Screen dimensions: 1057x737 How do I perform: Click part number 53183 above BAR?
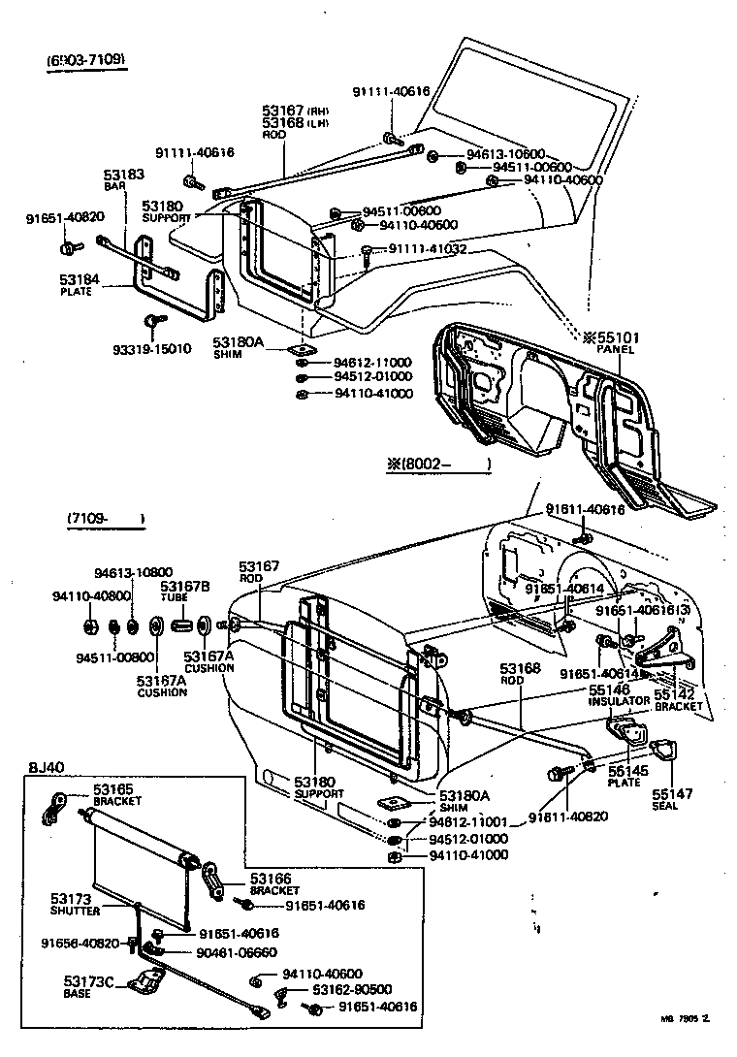coord(124,176)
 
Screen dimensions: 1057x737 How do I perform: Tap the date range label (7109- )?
coord(106,519)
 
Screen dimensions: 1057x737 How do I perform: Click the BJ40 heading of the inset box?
coord(45,767)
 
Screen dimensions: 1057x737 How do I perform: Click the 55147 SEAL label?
coord(671,798)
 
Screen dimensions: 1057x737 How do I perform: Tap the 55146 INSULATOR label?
coord(618,694)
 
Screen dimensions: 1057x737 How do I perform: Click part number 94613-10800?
coord(133,572)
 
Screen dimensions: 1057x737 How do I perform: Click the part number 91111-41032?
coord(428,249)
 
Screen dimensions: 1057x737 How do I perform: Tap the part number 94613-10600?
coord(505,153)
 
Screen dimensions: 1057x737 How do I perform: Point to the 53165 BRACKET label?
coord(117,795)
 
